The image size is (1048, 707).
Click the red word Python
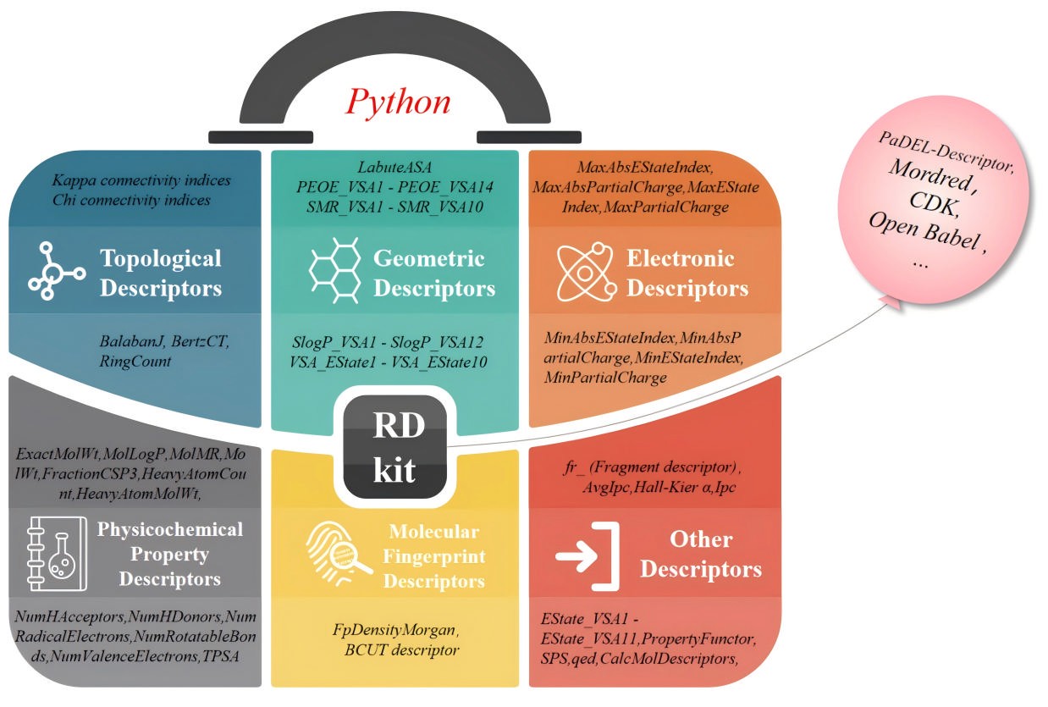399,102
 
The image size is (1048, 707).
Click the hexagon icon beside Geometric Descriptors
332,272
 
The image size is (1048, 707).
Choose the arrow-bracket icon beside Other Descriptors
587,555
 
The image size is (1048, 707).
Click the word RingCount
135,361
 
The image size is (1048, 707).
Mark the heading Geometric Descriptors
434,273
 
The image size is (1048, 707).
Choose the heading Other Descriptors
701,555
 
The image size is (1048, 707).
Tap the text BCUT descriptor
396,650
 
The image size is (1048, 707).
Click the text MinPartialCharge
605,378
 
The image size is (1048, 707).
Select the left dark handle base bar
261,136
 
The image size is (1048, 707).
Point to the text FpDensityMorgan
394,631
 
